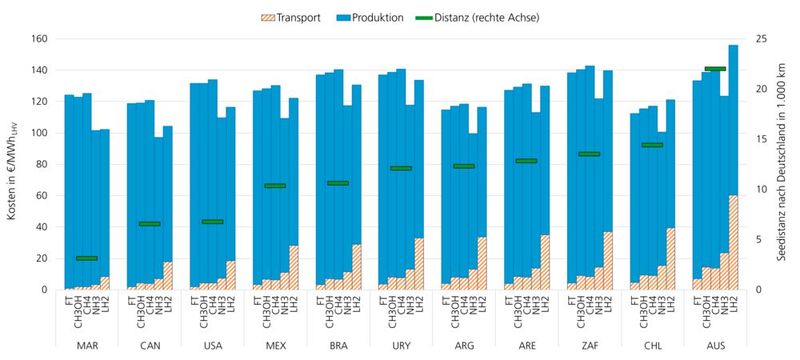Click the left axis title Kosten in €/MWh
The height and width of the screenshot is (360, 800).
coord(12,165)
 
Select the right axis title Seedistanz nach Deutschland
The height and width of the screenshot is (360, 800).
coord(787,165)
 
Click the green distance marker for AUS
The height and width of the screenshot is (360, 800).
coord(714,69)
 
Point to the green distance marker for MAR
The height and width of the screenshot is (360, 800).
coord(87,258)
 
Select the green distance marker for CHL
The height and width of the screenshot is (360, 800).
coord(652,145)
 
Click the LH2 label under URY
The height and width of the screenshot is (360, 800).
coord(419,305)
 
